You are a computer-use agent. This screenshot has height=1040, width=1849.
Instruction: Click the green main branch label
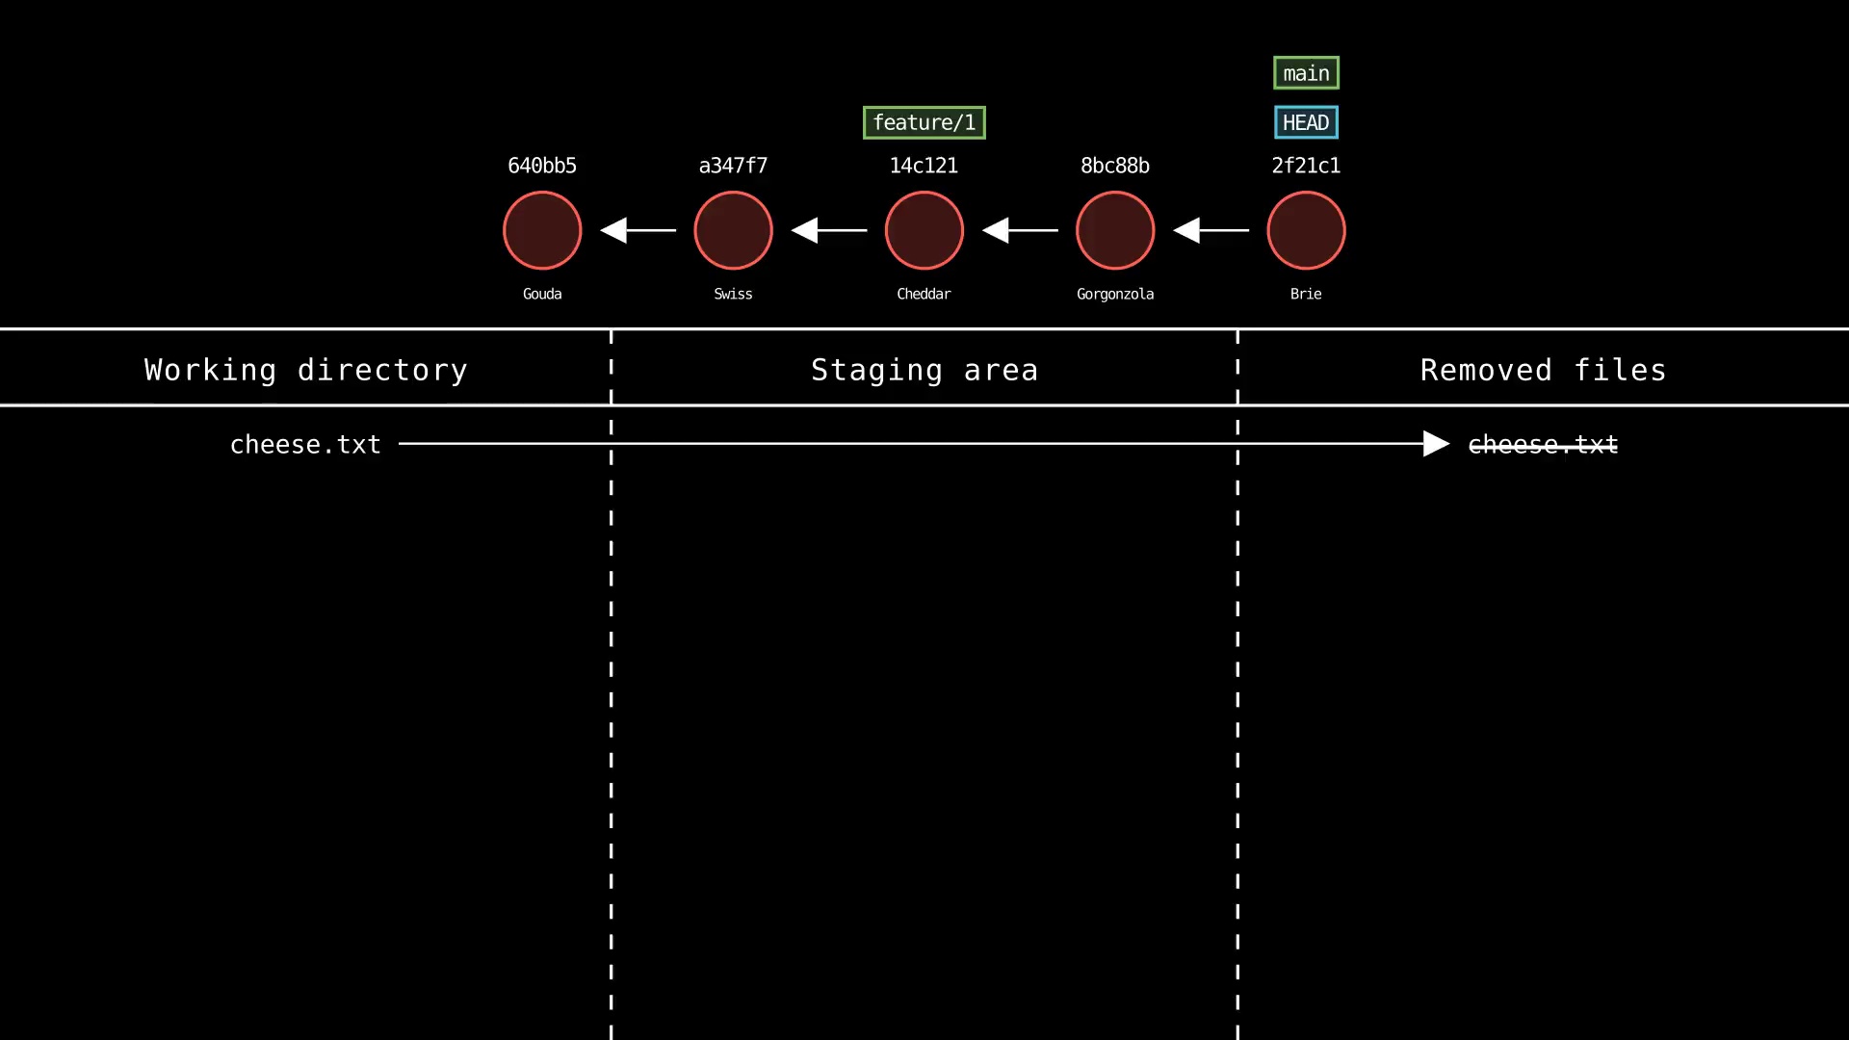(x=1306, y=73)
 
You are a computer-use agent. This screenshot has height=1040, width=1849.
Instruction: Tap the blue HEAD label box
(x=1306, y=122)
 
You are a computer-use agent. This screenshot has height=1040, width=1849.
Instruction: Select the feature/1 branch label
(x=924, y=122)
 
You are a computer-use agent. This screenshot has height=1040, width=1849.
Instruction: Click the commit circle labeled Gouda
(x=542, y=230)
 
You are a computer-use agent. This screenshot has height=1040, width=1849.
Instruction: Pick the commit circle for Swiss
(x=733, y=230)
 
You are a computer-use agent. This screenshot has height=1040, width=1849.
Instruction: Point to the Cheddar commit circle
(x=924, y=230)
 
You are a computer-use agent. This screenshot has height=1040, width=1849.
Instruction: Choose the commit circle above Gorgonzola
(x=1115, y=230)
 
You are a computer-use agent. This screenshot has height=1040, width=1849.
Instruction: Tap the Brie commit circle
(x=1306, y=230)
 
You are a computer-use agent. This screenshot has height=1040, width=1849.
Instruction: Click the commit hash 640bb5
(x=542, y=166)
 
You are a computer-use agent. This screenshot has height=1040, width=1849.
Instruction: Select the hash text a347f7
(x=733, y=166)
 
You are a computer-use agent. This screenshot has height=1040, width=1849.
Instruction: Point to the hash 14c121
(x=924, y=166)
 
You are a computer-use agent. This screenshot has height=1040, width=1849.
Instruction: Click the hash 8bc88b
(x=1115, y=166)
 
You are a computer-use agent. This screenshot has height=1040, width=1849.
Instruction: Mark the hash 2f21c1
(x=1306, y=166)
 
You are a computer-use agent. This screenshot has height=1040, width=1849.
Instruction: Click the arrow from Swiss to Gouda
(x=638, y=230)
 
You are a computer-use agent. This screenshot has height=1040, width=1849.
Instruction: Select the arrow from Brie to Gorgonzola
(x=1211, y=230)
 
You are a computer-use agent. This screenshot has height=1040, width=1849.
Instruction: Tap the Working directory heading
(x=305, y=370)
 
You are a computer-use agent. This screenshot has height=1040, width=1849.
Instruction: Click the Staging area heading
(x=924, y=370)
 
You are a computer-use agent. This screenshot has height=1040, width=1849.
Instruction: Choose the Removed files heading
(x=1543, y=370)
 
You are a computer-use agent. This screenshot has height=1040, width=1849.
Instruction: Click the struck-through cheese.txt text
(x=1543, y=444)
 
